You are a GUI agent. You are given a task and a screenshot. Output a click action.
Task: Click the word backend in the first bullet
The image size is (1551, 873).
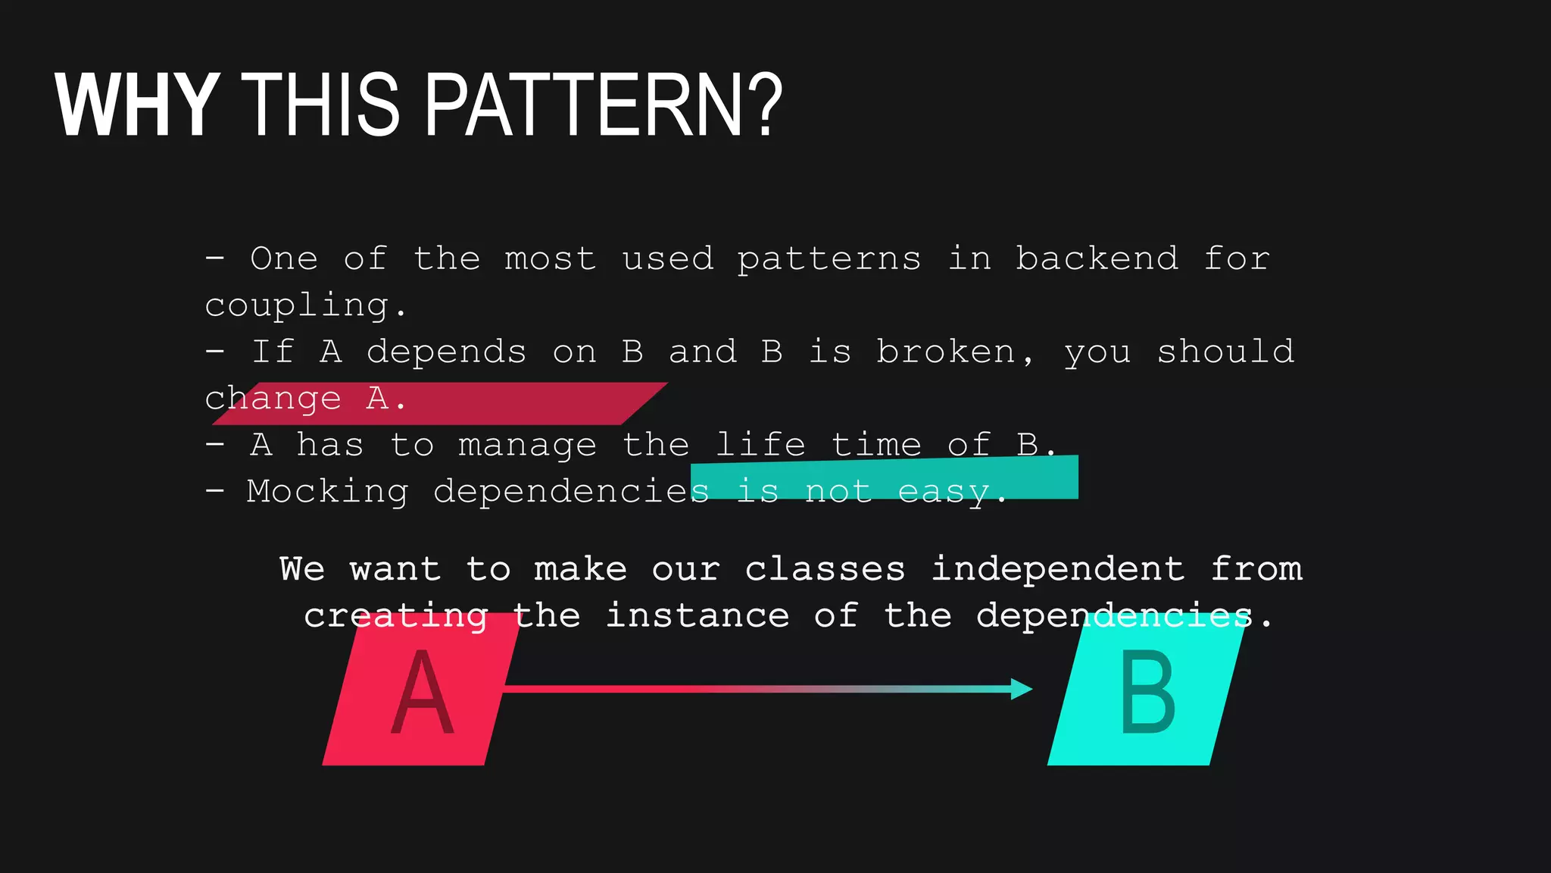[x=1097, y=259]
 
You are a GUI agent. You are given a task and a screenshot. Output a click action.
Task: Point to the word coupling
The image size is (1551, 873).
[x=297, y=307]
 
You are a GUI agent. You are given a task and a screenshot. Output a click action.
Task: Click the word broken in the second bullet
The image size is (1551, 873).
[x=945, y=352]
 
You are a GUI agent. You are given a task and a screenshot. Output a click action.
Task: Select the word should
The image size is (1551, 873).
[x=1225, y=352]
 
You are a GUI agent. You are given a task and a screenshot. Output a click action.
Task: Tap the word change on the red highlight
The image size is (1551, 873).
[x=273, y=399]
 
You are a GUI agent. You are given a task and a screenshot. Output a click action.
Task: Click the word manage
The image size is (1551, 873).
[x=527, y=446]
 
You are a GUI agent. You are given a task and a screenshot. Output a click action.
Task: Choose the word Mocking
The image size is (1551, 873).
[x=327, y=493]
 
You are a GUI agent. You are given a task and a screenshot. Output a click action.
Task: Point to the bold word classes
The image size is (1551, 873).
[x=825, y=569]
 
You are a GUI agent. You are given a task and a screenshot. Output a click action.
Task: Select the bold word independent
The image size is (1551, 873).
[x=1057, y=569]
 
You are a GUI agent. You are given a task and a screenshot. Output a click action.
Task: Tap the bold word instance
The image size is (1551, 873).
[x=697, y=615]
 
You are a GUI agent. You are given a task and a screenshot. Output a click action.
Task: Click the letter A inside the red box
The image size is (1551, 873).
[x=422, y=693]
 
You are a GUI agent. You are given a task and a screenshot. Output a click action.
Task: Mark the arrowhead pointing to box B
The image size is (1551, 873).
[x=1022, y=689]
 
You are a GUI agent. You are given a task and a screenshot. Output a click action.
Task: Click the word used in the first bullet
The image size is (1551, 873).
[x=667, y=259]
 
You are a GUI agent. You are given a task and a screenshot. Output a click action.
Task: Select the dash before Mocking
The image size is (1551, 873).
[x=215, y=491]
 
